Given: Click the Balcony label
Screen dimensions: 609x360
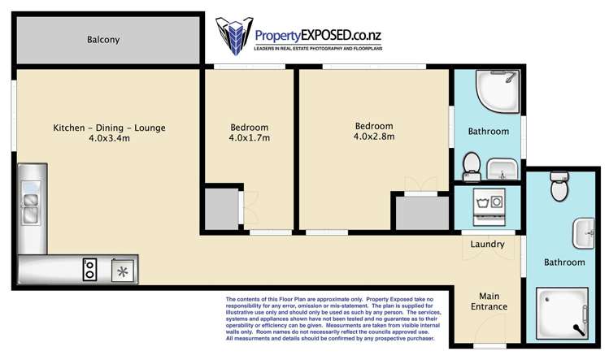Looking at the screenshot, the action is pos(103,40).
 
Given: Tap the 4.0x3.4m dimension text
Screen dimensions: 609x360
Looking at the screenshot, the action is pos(109,138).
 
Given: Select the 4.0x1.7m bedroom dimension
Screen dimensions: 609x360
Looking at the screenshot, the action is pos(249,137).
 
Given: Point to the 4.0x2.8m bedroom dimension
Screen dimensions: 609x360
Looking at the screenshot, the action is pos(374,137).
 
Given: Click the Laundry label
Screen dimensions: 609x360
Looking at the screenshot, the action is pos(487,245).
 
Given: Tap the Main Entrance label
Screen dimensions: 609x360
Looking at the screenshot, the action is pos(489,301).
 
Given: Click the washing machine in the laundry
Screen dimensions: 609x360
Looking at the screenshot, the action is pos(489,207).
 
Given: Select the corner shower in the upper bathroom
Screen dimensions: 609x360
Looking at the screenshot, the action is pos(498,91).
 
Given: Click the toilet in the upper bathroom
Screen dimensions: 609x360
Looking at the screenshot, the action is pos(472,167).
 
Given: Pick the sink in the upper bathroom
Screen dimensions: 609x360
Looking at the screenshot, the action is pos(502,169).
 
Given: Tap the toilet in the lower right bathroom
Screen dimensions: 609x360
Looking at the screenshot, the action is pos(559,186).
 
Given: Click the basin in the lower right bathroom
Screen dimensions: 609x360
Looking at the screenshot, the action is pos(584,233).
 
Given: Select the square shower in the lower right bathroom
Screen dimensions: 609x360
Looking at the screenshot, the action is pos(562,314).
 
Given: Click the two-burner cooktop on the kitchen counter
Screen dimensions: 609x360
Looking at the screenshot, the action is pos(89,269).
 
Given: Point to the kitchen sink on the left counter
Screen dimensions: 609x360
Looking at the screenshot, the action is pos(31,202).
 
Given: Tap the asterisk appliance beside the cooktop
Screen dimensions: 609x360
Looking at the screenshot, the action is pos(123,271).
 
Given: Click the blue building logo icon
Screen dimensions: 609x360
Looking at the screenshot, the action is pos(234,36).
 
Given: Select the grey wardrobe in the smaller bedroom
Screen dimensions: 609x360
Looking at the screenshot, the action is pos(221,210).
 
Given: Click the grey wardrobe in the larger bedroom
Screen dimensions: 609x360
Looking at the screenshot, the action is pos(422,213).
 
